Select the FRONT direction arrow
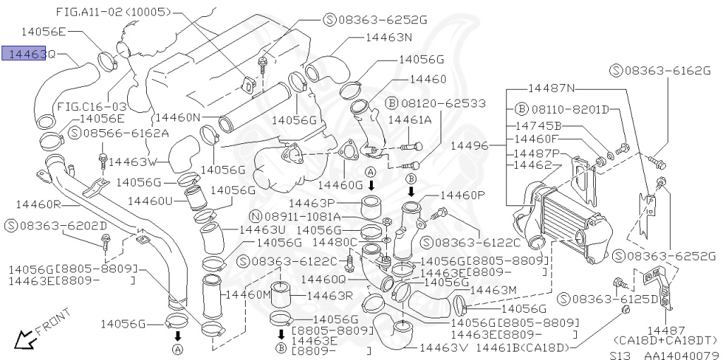(28, 338)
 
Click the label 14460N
(177, 117)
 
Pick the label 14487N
(552, 88)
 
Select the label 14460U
(160, 200)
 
